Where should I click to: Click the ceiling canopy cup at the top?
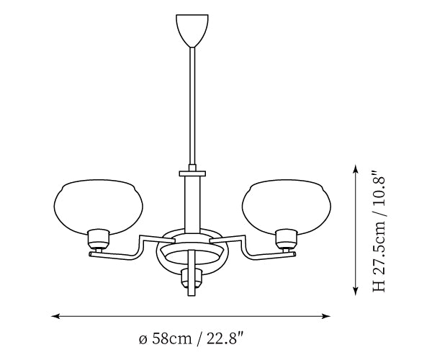point(192,30)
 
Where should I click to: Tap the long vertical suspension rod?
point(192,106)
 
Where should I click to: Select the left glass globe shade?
point(98,207)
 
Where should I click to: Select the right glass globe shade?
point(287,207)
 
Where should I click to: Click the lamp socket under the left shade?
point(99,239)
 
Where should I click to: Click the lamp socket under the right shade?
point(287,239)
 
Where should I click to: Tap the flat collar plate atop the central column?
point(192,174)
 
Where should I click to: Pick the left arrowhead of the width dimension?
point(55,316)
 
